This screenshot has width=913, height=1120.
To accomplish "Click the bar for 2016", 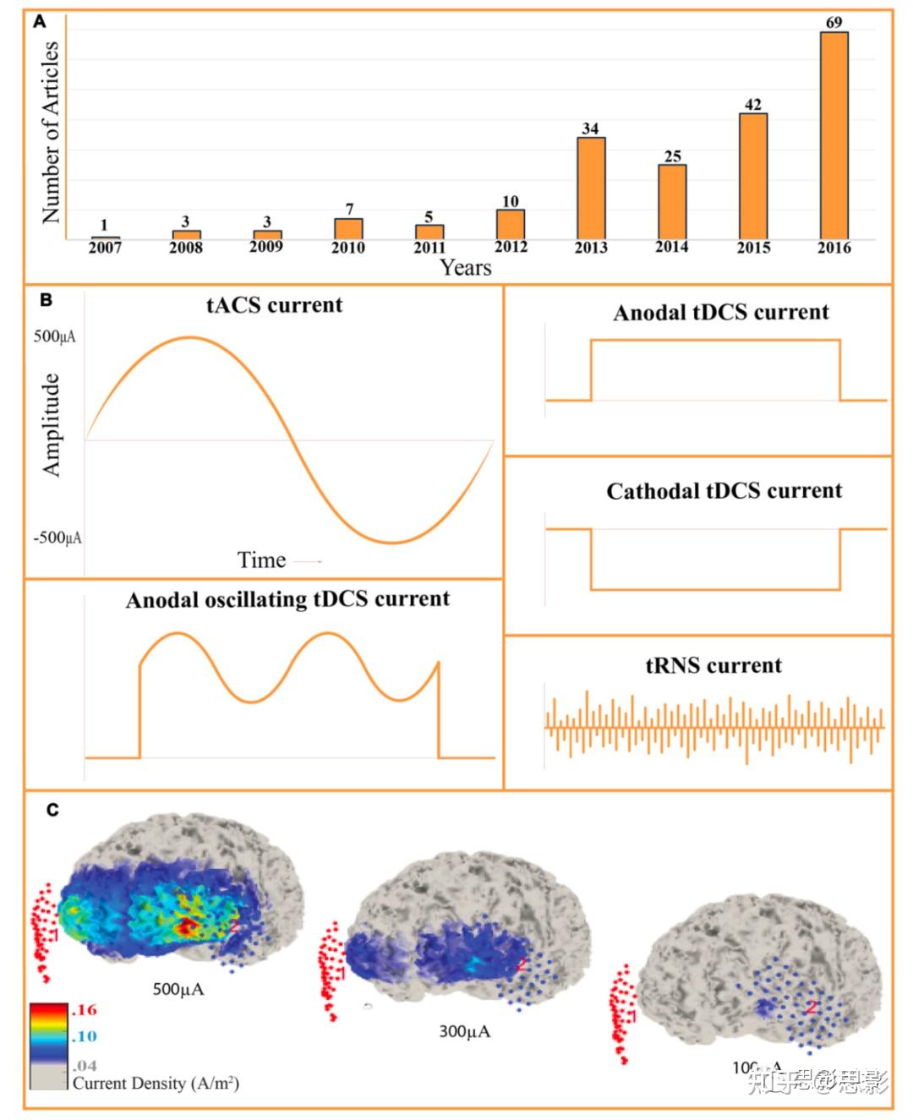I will tap(834, 135).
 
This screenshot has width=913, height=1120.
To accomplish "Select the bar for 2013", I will tap(591, 188).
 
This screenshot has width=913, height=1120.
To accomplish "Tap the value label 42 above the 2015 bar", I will tap(753, 105).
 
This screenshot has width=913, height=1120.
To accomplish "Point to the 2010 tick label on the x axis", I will tap(348, 247).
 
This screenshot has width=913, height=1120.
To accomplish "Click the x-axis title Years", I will tap(465, 267).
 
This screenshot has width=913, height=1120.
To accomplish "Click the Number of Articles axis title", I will tap(51, 133).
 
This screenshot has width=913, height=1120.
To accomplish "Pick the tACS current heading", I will tap(275, 305).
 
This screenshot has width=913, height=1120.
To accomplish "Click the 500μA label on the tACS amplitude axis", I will tap(54, 336).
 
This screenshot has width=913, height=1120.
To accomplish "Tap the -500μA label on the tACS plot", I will tap(57, 538).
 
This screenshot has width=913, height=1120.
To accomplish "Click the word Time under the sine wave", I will tap(261, 560).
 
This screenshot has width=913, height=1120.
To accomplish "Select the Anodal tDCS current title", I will tap(721, 313).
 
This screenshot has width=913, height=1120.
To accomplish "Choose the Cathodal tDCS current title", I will tap(724, 491).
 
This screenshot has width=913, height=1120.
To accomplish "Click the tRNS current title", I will tap(713, 666).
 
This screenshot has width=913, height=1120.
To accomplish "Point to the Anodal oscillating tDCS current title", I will tap(287, 599).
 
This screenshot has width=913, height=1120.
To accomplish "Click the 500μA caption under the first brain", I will tap(178, 989).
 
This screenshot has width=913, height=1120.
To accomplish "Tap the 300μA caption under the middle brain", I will tap(464, 1031).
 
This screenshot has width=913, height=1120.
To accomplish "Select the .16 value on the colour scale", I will tap(85, 1009).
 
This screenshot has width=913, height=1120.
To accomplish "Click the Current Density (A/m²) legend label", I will tap(156, 1083).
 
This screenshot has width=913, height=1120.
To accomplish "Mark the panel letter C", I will tap(52, 810).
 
